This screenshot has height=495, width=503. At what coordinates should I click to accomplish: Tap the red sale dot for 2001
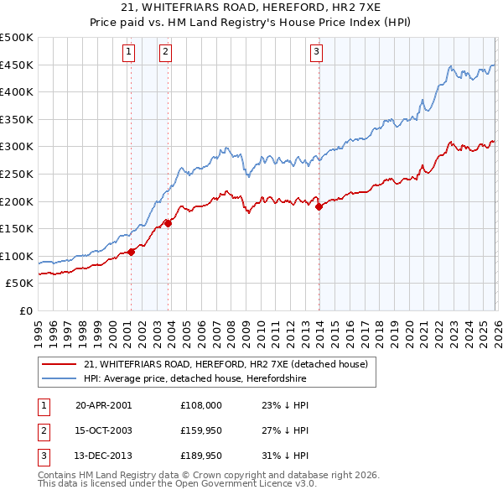point(132,251)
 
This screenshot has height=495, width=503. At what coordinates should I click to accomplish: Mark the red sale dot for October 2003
point(169,223)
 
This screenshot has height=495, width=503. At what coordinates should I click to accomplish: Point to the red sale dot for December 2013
point(319,206)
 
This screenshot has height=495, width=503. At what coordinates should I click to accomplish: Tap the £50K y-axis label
point(20,284)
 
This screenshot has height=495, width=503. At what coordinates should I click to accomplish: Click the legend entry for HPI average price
point(195,379)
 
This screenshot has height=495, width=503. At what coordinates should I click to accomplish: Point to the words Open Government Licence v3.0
point(247,485)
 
